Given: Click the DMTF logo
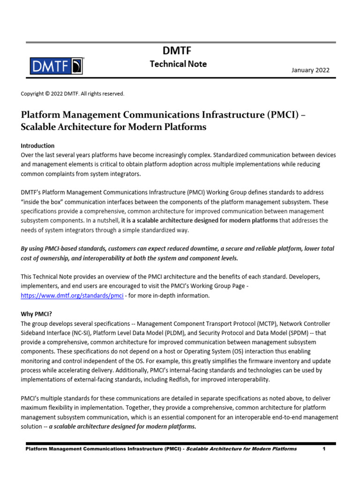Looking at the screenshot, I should point(57,66).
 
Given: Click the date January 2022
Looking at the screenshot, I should point(310,70).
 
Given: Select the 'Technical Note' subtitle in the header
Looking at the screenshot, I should point(178,64).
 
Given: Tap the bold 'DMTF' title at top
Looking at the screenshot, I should point(178,51).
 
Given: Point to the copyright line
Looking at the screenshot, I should point(73,94).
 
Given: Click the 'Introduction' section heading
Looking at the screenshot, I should point(37,146).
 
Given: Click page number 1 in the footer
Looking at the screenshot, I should point(324,449).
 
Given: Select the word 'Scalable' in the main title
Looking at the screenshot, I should point(41,127).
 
